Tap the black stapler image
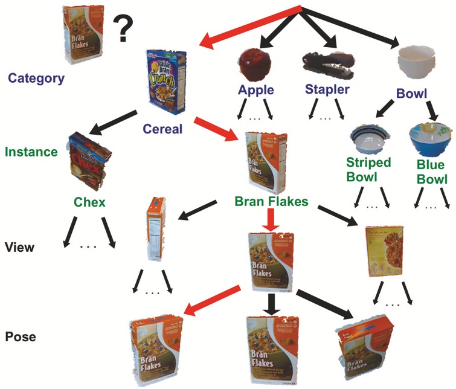(326, 63)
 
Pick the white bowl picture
(417, 63)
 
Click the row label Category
(36, 77)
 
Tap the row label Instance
(31, 152)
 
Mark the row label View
(20, 247)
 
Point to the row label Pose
(20, 336)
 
